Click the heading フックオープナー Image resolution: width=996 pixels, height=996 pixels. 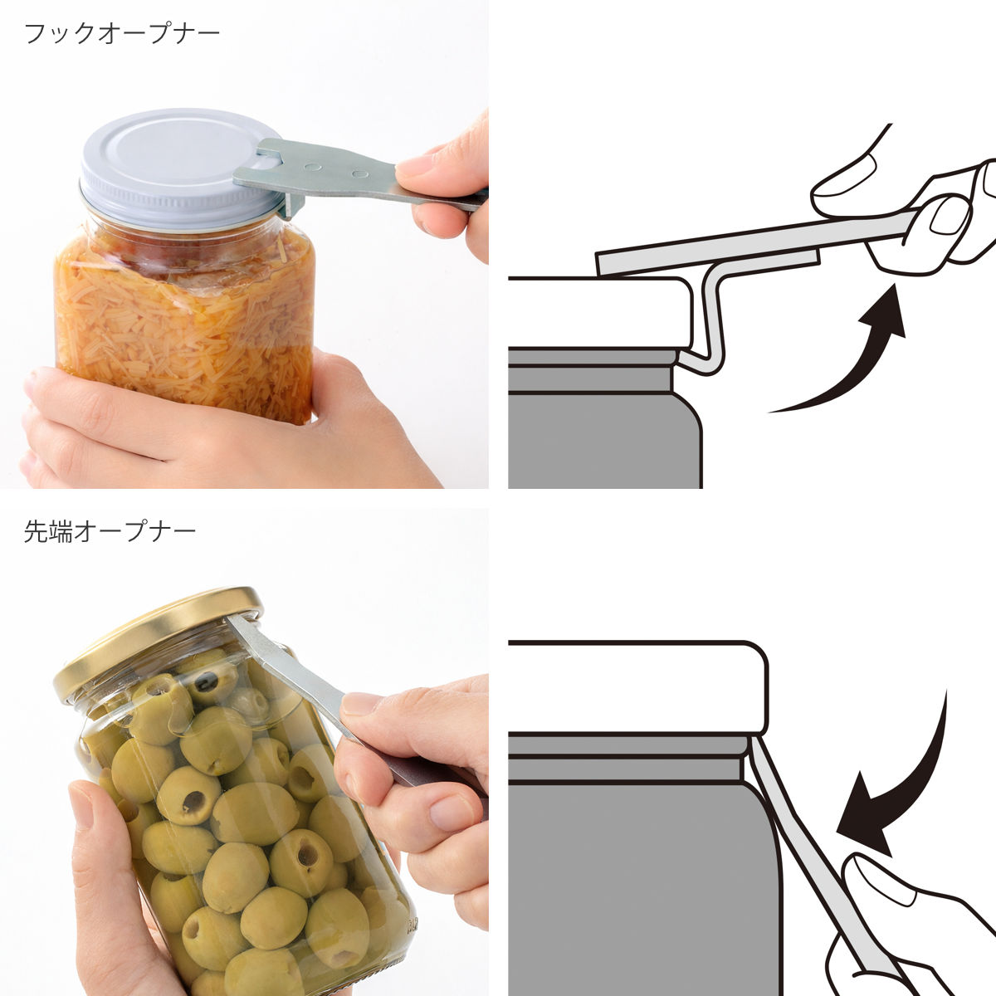pos(122,34)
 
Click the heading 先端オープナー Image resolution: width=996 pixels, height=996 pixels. pos(110,531)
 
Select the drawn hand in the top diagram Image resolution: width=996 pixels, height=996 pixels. pos(921,216)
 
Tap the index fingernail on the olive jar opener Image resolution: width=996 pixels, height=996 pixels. pos(361,705)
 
